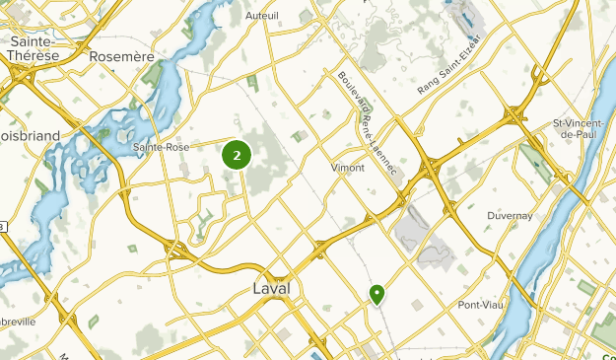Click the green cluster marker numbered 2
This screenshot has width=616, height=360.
(237, 154)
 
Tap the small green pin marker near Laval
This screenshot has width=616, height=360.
(376, 293)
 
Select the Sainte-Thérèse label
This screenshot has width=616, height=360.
(34, 49)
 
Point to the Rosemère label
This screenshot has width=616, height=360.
(122, 57)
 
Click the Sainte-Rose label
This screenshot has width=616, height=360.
(161, 147)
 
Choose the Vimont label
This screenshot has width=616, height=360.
(348, 168)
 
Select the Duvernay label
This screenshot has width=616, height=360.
(511, 215)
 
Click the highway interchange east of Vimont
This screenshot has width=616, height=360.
(431, 169)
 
